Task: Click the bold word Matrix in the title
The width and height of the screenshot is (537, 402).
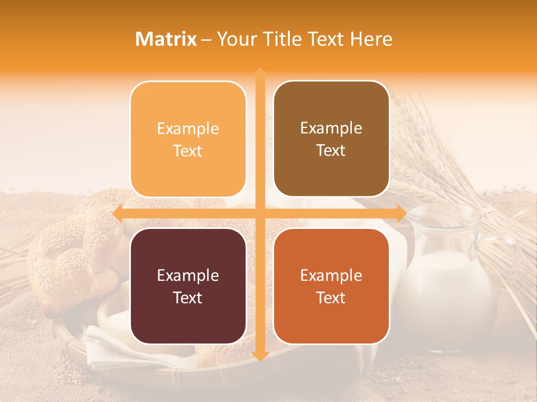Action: [x=166, y=39]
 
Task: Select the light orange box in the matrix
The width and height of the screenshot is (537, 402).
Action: [x=188, y=139]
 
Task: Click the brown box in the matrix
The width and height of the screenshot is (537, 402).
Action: [x=331, y=138]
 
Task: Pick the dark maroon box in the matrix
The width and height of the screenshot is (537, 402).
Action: [x=188, y=286]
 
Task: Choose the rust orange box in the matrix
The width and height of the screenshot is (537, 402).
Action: [x=331, y=286]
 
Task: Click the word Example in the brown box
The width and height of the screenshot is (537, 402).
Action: [x=331, y=128]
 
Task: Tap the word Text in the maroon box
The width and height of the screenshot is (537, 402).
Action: [x=188, y=298]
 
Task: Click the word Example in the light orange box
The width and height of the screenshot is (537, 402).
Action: [x=188, y=128]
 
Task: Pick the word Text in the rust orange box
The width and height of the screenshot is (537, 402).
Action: [x=331, y=298]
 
